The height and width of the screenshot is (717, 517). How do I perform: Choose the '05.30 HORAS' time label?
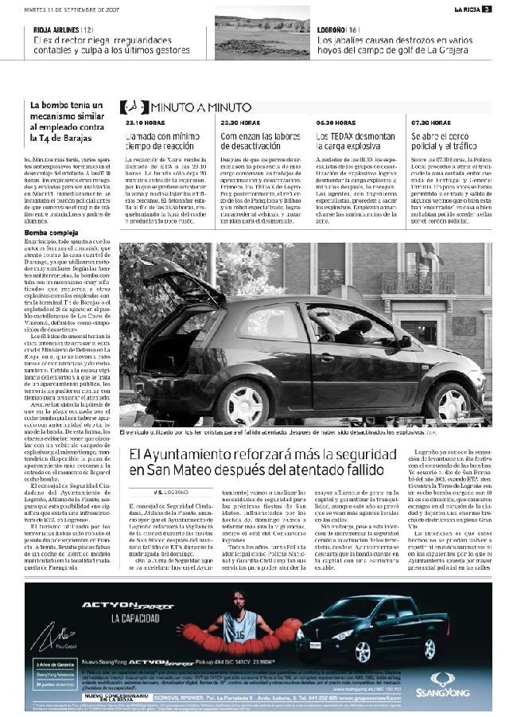point(334,123)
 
